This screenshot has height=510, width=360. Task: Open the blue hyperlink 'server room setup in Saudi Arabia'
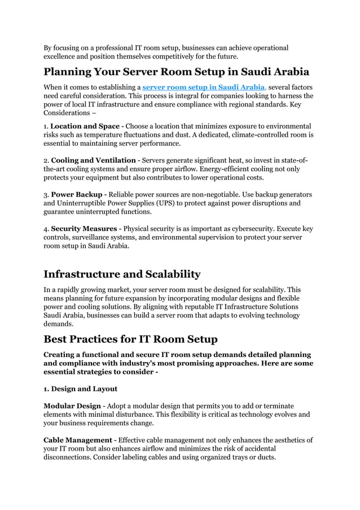point(204,88)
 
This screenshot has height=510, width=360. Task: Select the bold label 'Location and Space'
point(85,126)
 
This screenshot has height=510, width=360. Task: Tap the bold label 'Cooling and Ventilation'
point(93,160)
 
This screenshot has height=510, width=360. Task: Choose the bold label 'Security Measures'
point(84,229)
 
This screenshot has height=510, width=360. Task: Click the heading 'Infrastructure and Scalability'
point(122,274)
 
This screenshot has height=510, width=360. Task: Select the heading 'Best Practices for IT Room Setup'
point(130,339)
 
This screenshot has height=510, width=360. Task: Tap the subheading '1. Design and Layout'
point(81,389)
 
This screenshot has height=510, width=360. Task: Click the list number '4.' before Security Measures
point(47,229)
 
